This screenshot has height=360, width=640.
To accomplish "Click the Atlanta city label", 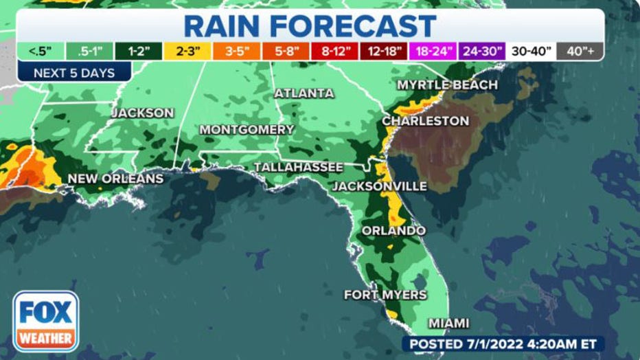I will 304,93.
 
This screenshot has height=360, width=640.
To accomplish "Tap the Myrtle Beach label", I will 447,85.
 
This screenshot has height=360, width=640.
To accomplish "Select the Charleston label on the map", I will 426,121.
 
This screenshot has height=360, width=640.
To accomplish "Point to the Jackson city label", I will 143,112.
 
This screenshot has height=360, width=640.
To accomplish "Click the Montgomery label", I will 247,129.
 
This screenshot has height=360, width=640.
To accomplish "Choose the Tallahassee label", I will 299,167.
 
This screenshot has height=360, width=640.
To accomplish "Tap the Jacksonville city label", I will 380,186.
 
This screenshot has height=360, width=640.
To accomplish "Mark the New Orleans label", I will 115,179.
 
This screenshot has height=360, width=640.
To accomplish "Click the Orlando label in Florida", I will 393,230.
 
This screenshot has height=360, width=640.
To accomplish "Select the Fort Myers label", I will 385,295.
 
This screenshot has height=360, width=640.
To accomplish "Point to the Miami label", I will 449,323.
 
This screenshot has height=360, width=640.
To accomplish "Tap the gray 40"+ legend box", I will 580,51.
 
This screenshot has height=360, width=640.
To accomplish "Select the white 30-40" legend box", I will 531,51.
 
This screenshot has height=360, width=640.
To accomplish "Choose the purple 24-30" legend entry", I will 482,51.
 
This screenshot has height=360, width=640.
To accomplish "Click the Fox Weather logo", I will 45,321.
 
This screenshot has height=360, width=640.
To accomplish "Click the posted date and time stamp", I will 503,343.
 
